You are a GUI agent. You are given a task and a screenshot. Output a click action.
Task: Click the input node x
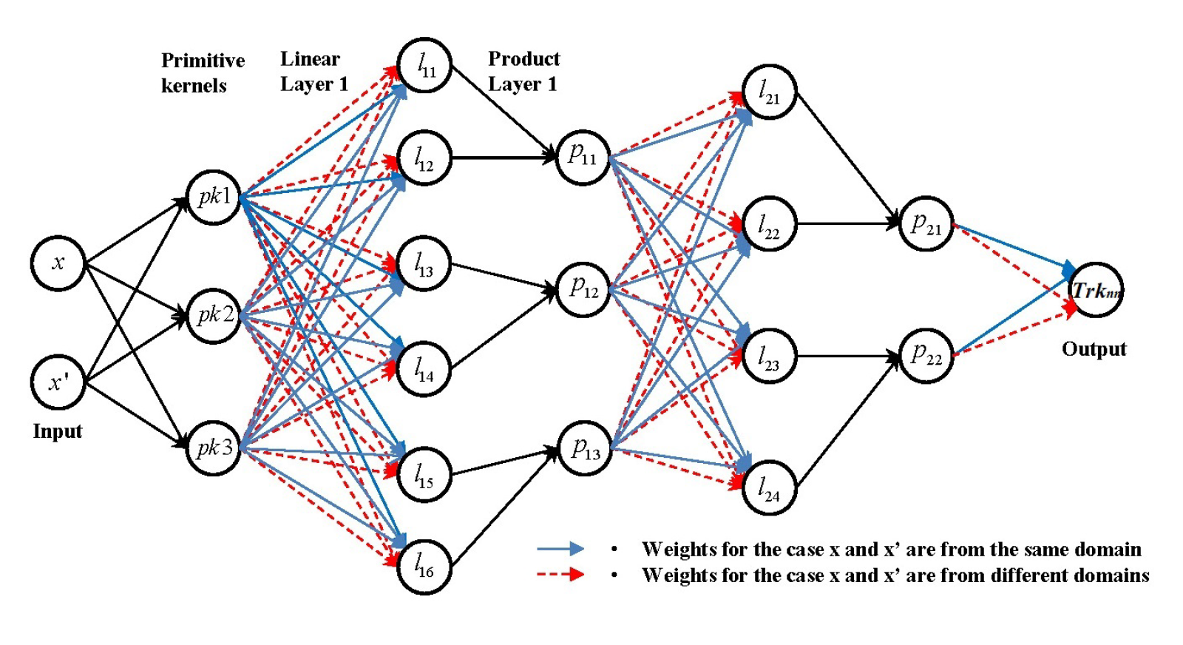[58, 263]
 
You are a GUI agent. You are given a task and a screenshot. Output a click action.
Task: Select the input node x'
[58, 382]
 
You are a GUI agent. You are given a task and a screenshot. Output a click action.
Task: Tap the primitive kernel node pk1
[214, 197]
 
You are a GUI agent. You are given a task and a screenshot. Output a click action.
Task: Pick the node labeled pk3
[214, 448]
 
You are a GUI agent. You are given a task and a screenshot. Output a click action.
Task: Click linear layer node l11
[424, 66]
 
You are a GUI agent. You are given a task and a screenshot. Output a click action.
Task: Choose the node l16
[424, 567]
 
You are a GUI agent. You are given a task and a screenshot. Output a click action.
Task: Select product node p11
[583, 157]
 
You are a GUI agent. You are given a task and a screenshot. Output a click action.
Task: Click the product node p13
[585, 448]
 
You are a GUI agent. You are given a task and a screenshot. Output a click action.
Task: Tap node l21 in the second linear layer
[769, 92]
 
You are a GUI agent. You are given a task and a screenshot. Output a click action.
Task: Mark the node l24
[769, 488]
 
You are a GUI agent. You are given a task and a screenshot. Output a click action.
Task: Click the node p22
[926, 356]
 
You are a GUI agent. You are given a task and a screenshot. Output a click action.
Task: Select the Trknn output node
[1096, 290]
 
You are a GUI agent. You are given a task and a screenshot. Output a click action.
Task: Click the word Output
[1094, 349]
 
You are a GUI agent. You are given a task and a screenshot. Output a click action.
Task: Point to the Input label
[58, 431]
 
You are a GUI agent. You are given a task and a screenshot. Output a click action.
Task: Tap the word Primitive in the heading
[203, 60]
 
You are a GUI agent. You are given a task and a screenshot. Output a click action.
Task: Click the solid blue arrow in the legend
[560, 548]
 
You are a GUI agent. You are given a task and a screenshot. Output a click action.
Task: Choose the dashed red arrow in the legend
[560, 574]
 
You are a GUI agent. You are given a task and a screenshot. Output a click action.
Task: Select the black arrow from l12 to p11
[503, 158]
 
